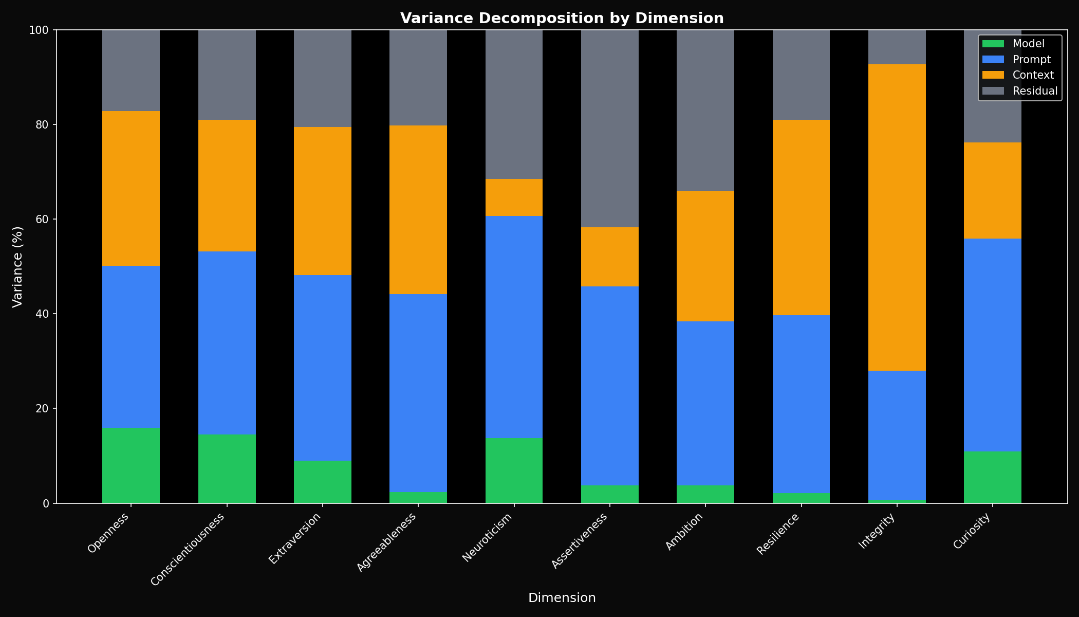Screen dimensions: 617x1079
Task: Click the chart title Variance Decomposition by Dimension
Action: pyautogui.click(x=562, y=19)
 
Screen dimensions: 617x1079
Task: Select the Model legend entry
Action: pyautogui.click(x=1028, y=44)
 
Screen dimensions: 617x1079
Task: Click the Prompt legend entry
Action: pyautogui.click(x=1031, y=60)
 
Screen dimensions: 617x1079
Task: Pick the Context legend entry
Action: pyautogui.click(x=1033, y=75)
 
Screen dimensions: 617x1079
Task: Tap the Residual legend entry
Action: pyautogui.click(x=1035, y=91)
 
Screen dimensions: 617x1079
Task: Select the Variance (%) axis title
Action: pyautogui.click(x=17, y=266)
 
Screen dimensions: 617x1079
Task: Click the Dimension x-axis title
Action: pyautogui.click(x=562, y=598)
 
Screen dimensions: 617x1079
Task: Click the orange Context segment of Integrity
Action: pyautogui.click(x=897, y=217)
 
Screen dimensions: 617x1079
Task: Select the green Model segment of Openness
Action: pyautogui.click(x=131, y=465)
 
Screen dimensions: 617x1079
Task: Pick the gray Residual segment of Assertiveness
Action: pyautogui.click(x=609, y=129)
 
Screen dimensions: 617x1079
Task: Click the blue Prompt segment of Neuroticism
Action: pyautogui.click(x=514, y=326)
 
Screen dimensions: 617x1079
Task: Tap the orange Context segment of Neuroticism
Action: pyautogui.click(x=514, y=197)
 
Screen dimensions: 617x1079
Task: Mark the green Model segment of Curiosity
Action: pyautogui.click(x=992, y=477)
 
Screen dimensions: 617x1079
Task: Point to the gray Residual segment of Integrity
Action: pyautogui.click(x=897, y=47)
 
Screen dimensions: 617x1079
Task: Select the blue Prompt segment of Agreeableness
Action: pyautogui.click(x=418, y=393)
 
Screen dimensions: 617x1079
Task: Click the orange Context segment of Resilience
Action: pyautogui.click(x=801, y=217)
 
